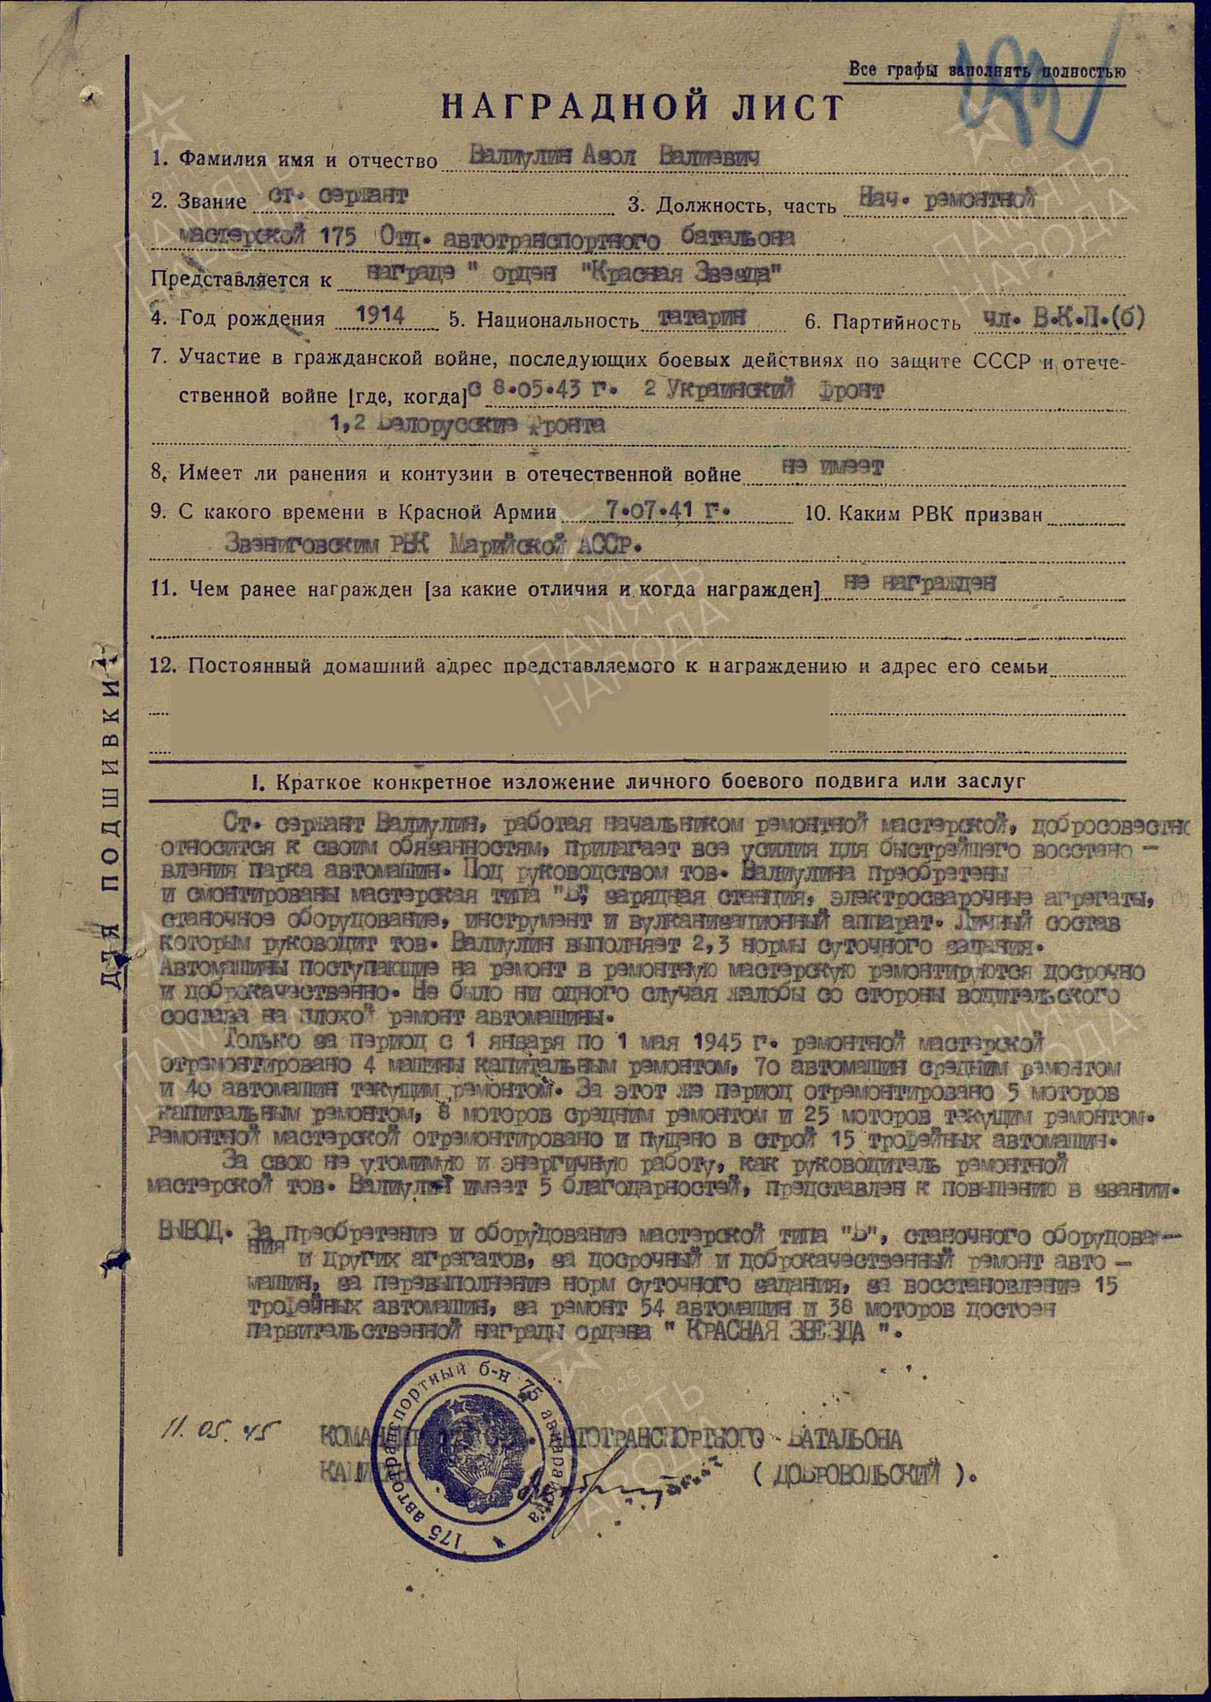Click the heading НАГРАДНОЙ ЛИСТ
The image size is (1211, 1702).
tap(642, 106)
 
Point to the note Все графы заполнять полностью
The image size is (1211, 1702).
tap(986, 71)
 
